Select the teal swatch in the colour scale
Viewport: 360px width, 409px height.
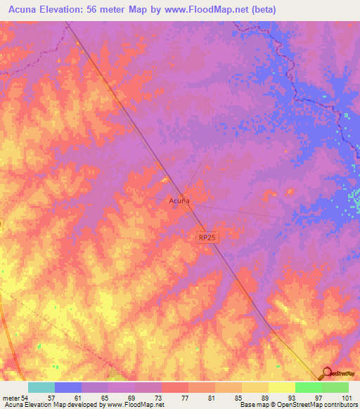point(41,387)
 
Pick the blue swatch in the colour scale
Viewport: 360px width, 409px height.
point(68,387)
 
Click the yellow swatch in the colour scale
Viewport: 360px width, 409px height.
point(281,387)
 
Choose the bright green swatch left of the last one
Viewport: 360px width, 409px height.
point(308,387)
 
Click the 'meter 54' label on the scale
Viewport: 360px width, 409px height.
point(15,397)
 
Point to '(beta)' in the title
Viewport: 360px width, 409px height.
point(262,10)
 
